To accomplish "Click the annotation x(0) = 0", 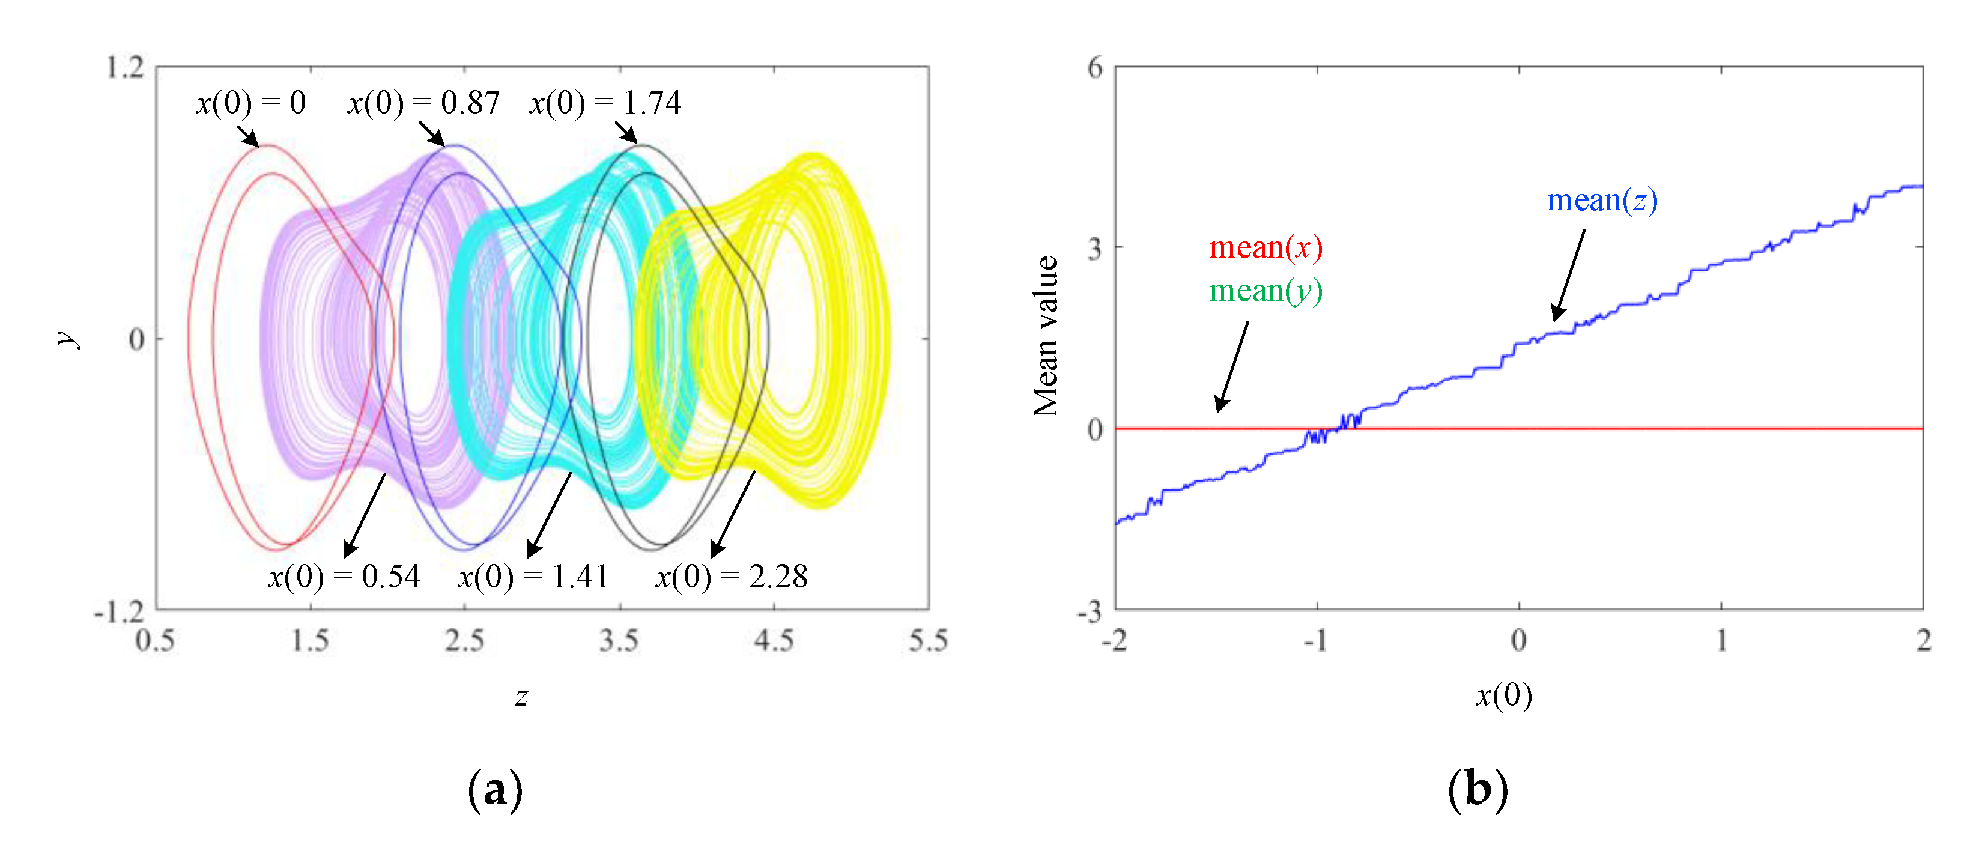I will coord(251,103).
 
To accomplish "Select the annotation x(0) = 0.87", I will coord(423,103).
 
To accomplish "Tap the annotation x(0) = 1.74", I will coord(605,103).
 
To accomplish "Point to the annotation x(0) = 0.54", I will coord(344,577).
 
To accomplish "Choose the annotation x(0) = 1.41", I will coord(533,577).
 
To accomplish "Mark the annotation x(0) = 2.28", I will coord(732,577).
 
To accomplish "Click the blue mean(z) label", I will coord(1602,200).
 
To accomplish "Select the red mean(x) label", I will coord(1265,247).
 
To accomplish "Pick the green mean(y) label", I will coord(1265,291).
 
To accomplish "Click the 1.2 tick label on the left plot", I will coord(125,68).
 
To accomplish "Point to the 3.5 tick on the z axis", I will coord(619,641).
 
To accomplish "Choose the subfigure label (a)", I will coord(495,790).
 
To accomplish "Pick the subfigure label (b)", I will coord(1477,790).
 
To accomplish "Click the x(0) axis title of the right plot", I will coord(1503,695).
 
